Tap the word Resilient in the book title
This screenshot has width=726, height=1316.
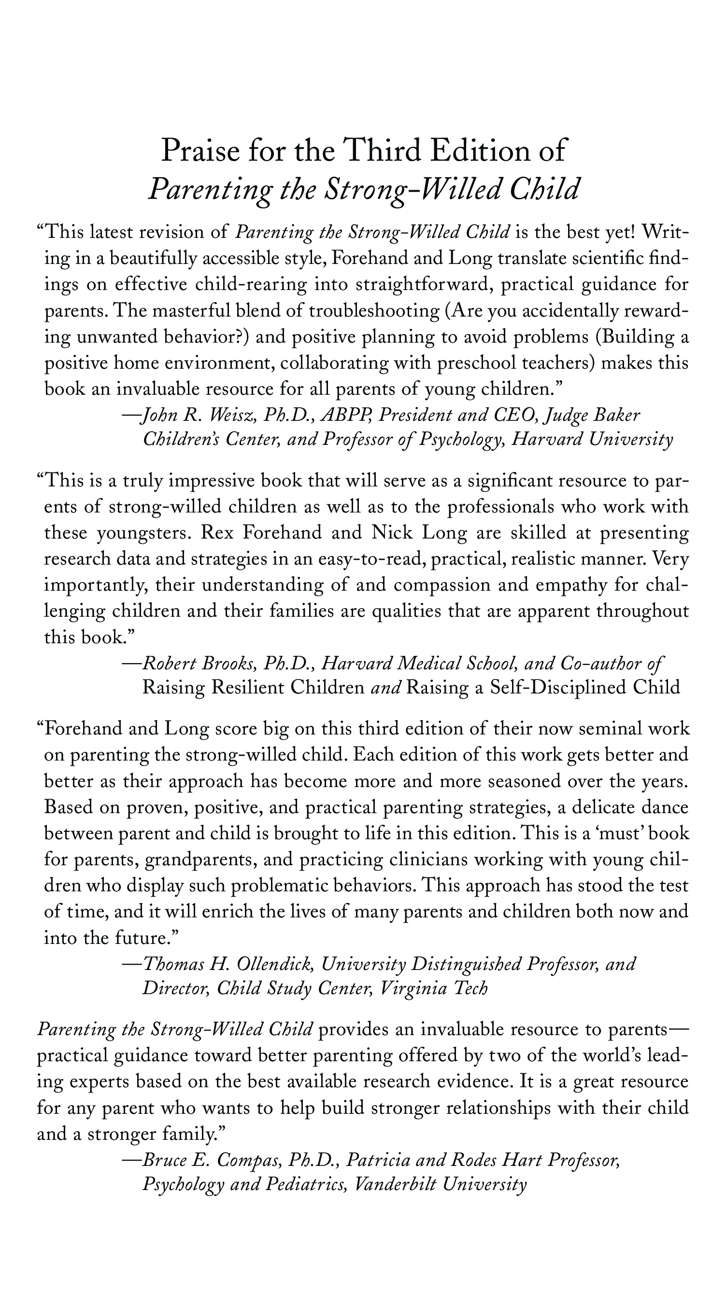(247, 688)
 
